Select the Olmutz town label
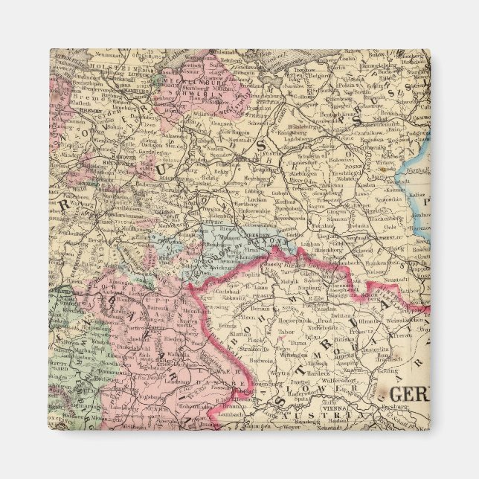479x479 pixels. (367, 321)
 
